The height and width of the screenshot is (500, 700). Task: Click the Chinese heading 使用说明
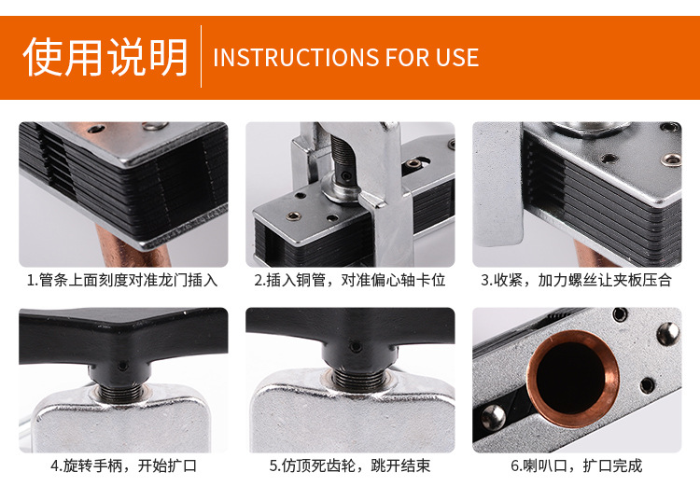105,57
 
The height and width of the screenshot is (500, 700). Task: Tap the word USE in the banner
456,58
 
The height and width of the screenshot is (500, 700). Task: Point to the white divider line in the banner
202,57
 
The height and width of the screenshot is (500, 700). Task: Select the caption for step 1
122,280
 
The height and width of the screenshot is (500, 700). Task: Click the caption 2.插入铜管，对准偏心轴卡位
350,280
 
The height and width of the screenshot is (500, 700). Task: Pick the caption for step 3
576,280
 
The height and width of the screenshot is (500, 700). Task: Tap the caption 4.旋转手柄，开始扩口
123,465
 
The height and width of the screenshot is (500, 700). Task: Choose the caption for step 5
350,465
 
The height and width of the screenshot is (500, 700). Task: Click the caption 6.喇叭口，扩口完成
576,465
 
